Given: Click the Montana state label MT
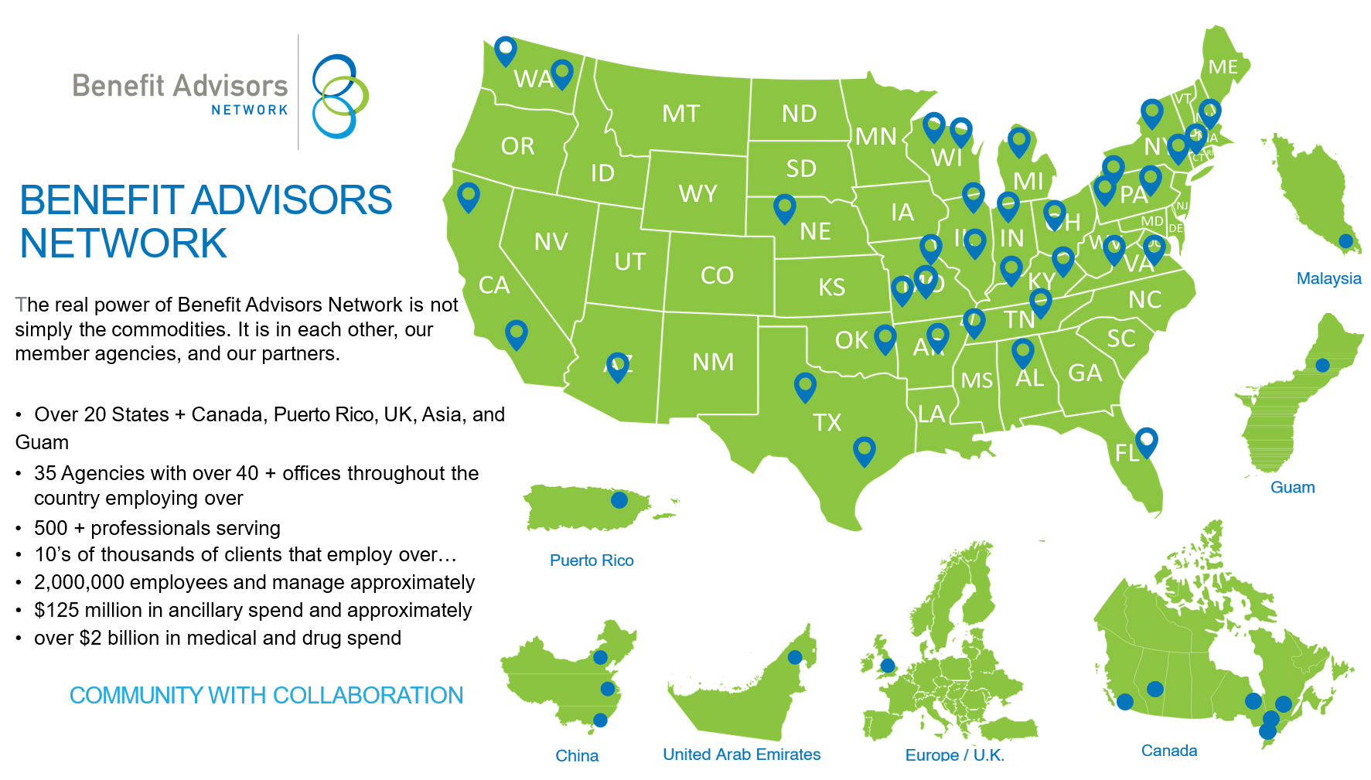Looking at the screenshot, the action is click(x=680, y=114).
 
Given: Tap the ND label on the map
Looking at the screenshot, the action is click(x=799, y=114).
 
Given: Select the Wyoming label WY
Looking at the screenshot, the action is click(x=697, y=193).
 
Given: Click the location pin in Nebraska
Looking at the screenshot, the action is click(x=784, y=206).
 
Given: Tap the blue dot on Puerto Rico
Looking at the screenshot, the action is click(x=619, y=500).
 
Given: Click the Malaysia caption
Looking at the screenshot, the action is click(x=1328, y=278).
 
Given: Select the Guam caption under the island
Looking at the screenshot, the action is click(x=1292, y=487).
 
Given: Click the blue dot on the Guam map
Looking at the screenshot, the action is click(x=1322, y=365).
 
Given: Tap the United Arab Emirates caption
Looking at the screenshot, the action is click(x=741, y=754).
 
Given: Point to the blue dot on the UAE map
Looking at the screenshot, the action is click(x=794, y=657).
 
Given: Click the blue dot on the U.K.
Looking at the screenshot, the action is click(x=888, y=666).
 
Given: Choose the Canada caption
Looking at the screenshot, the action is click(x=1168, y=751).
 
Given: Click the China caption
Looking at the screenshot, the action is click(x=577, y=755).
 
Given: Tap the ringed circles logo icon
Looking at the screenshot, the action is click(x=339, y=96).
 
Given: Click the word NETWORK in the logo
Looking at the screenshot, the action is click(x=249, y=111).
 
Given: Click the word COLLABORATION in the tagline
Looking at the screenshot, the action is click(x=367, y=695).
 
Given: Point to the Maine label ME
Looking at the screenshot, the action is click(x=1223, y=67).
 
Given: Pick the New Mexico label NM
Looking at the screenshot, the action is click(x=712, y=362).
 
